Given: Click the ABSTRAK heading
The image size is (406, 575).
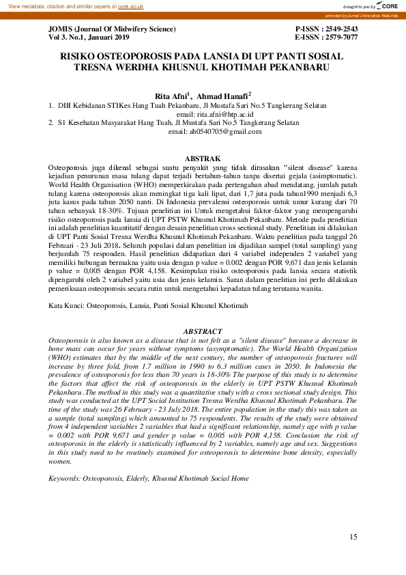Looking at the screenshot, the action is coord(203,158).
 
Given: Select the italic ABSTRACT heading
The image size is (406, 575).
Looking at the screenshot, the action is coord(203,331).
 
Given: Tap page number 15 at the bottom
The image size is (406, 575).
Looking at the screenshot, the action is coord(353,537).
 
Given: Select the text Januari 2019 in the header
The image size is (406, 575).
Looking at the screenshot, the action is coord(112,38).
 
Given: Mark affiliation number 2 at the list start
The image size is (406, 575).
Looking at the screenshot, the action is coord(51,122).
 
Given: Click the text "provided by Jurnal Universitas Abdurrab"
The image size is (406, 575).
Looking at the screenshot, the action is coord(362,15).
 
